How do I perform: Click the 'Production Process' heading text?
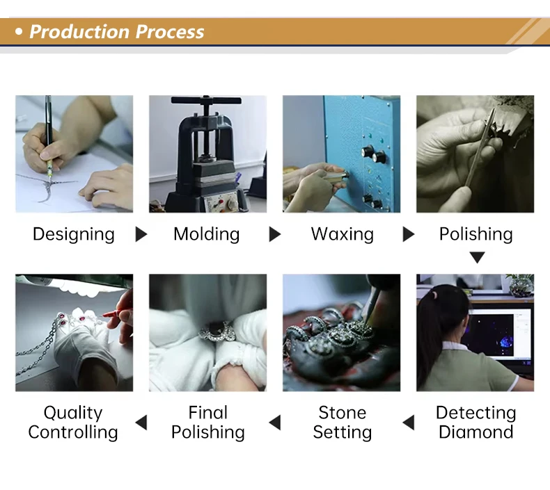coord(116,32)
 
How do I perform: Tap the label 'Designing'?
coord(74,235)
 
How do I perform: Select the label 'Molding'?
coord(207,234)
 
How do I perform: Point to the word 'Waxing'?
coord(343,234)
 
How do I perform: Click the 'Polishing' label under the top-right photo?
coord(476,234)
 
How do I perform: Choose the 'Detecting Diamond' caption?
coord(476,423)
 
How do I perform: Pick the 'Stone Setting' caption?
coord(343,423)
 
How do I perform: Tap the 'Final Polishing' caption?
coord(208,423)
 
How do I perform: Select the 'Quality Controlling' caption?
coord(73,423)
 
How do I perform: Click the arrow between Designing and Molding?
coord(141,234)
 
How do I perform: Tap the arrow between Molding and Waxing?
coord(274,234)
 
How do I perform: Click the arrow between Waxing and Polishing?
coord(408,234)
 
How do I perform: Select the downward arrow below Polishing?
coord(477,257)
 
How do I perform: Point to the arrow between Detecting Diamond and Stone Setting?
coord(409,423)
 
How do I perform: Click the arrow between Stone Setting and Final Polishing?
coord(275,423)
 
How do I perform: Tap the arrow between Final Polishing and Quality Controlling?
coord(141,423)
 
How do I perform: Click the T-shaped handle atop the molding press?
coord(206,101)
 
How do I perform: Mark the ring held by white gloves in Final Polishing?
coord(215,331)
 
